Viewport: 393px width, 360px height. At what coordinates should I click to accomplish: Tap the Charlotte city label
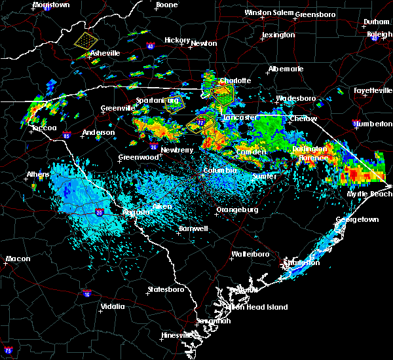click(234, 81)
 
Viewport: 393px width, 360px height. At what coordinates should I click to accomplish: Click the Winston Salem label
click(269, 13)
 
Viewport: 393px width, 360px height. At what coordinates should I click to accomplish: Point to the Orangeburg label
click(236, 210)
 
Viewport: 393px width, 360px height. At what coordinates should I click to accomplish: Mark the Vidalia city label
click(115, 306)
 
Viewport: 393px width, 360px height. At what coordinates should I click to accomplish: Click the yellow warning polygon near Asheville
click(85, 41)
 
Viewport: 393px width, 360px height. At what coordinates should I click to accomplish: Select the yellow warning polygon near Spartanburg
click(173, 103)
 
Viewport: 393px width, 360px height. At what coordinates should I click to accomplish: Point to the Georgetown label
click(357, 220)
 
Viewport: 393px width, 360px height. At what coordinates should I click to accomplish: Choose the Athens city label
click(39, 175)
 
